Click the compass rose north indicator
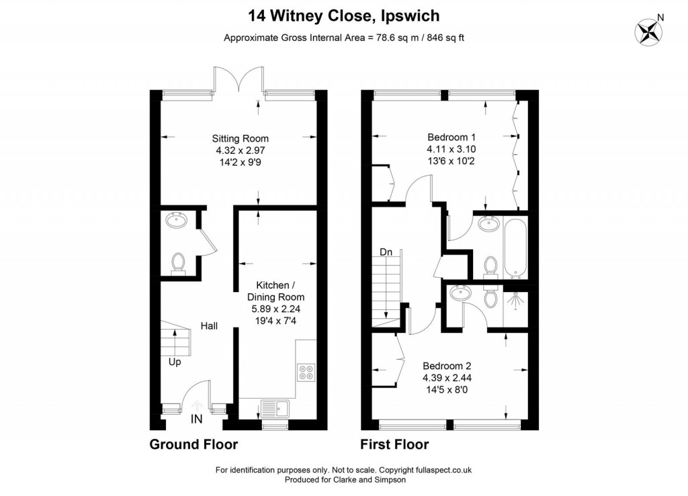pyautogui.click(x=650, y=30)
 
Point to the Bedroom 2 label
pyautogui.click(x=447, y=366)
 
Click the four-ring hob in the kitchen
pyautogui.click(x=306, y=371)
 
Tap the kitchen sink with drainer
pyautogui.click(x=273, y=407)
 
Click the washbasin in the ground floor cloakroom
pyautogui.click(x=179, y=220)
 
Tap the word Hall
pyautogui.click(x=208, y=326)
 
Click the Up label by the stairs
pyautogui.click(x=175, y=362)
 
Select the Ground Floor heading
pyautogui.click(x=193, y=444)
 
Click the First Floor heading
pyautogui.click(x=394, y=444)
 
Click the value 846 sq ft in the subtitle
pyautogui.click(x=439, y=38)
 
